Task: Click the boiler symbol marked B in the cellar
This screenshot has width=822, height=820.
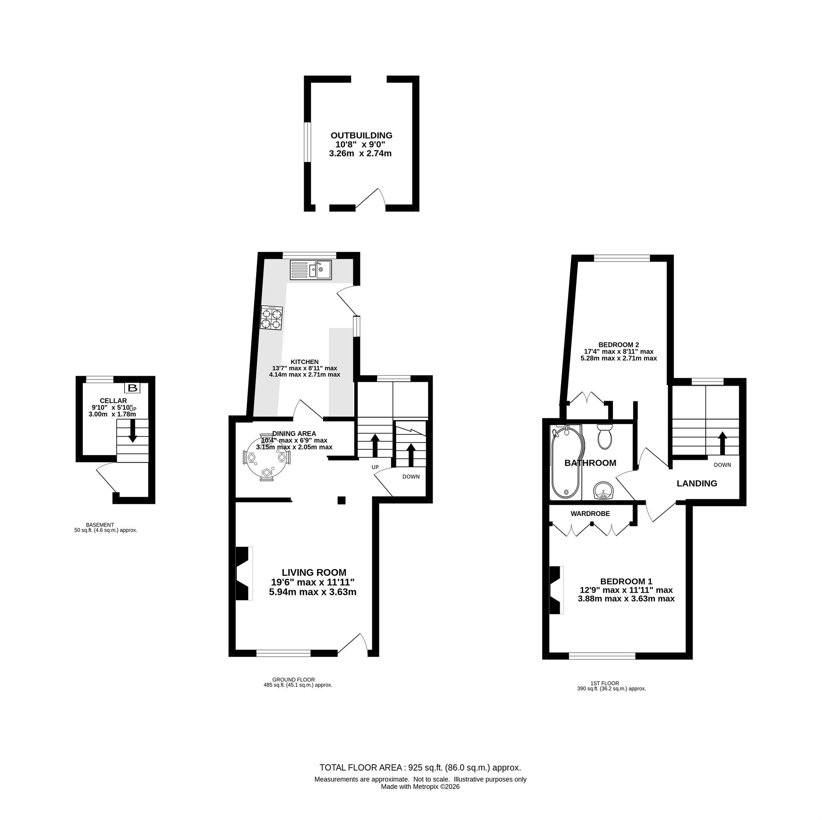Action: [133, 387]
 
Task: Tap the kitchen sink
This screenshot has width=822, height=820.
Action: [311, 269]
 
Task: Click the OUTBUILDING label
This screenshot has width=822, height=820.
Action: [361, 135]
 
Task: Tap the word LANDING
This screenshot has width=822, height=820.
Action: [697, 483]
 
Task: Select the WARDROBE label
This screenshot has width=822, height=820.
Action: [590, 514]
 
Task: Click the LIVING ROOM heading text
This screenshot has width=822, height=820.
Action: [314, 572]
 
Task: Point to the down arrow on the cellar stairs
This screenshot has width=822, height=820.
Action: [133, 431]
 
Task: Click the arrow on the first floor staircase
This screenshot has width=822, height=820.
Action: [722, 444]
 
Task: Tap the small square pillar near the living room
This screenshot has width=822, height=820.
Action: [341, 500]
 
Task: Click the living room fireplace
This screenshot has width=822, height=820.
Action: [244, 574]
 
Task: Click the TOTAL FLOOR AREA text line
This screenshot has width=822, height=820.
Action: [420, 780]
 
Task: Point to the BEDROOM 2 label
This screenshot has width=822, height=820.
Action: [619, 345]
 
